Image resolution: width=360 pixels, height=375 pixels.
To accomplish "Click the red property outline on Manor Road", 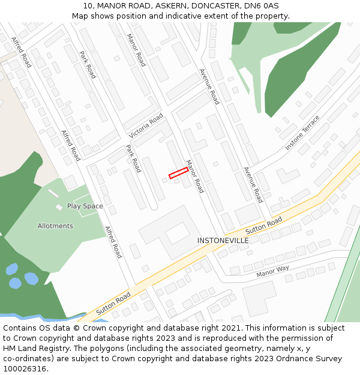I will (178, 173).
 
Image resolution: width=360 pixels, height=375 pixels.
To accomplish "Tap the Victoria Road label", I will (146, 126).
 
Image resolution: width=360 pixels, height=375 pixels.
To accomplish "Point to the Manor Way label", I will (272, 271).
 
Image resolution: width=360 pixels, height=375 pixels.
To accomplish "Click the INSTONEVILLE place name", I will (223, 240).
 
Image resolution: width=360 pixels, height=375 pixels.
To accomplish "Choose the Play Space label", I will (85, 206).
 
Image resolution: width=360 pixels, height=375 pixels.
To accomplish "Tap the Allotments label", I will (55, 226).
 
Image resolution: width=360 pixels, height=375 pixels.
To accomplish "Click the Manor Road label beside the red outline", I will (195, 176).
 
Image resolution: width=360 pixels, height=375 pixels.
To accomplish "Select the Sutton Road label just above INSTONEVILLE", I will (263, 226).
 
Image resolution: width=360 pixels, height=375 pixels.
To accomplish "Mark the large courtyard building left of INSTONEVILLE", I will (170, 232).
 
